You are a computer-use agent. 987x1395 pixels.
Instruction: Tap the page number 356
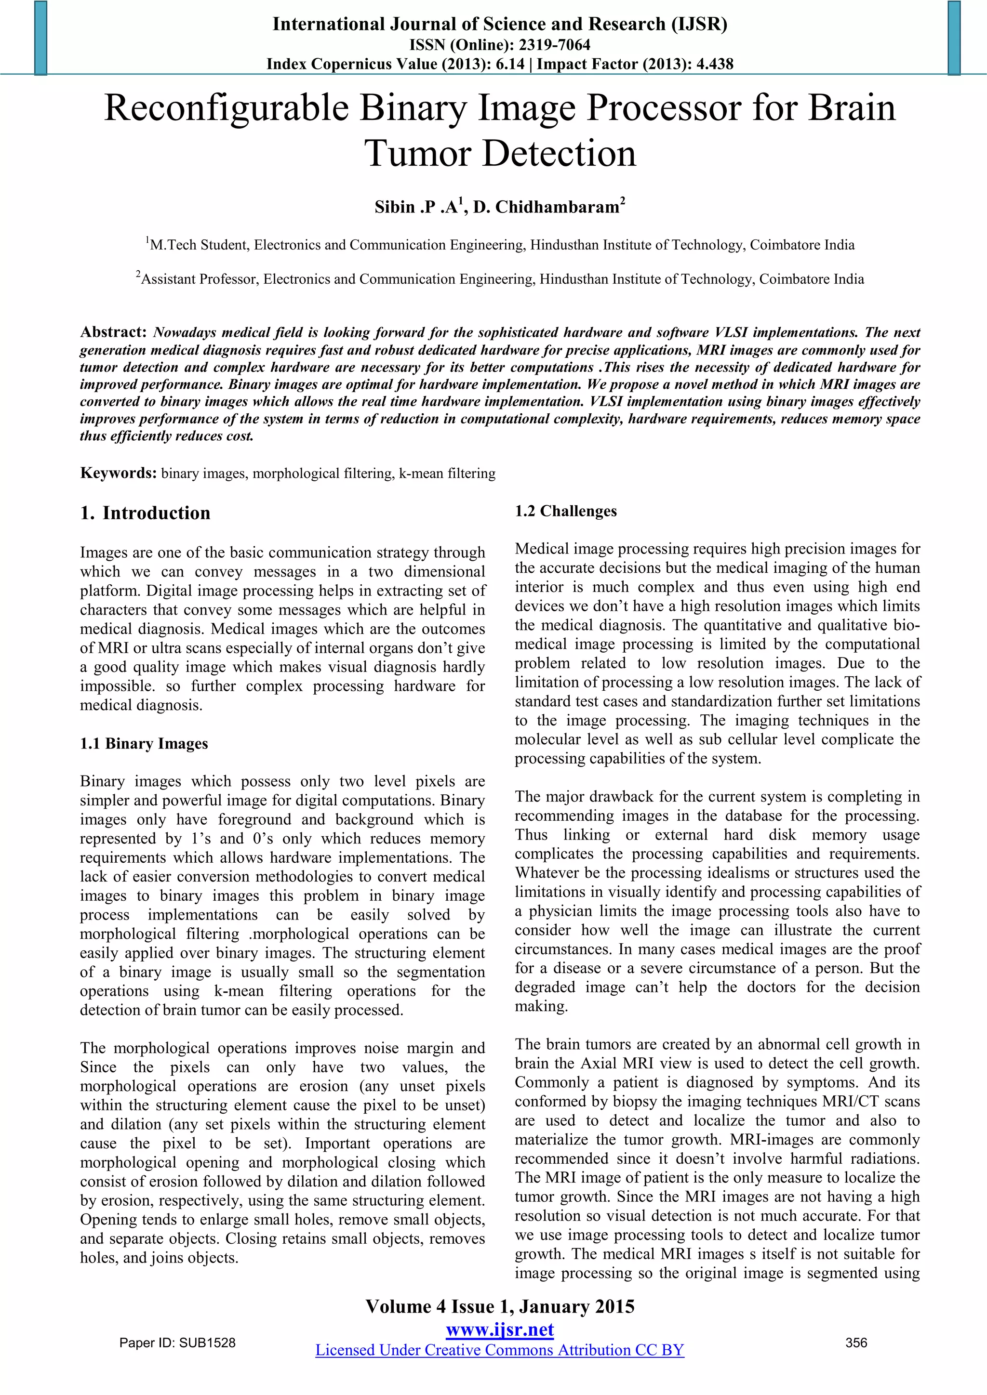(856, 1343)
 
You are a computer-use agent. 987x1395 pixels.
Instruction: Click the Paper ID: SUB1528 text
(177, 1343)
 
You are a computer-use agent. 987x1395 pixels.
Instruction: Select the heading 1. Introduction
(145, 513)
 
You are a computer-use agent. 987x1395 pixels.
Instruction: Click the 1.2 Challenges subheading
(565, 511)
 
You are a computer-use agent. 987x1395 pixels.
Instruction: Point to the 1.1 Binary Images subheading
(144, 744)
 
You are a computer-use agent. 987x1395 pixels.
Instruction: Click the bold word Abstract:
(114, 332)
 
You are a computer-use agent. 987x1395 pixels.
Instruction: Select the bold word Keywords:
(119, 474)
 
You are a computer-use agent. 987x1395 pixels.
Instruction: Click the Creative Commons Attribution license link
(500, 1350)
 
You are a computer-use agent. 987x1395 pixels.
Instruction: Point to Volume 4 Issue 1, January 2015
(500, 1307)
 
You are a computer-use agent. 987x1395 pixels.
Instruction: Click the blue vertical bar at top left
(40, 38)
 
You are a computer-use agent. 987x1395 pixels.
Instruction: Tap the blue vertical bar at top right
(954, 38)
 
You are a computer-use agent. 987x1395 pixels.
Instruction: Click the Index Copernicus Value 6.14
(509, 64)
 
